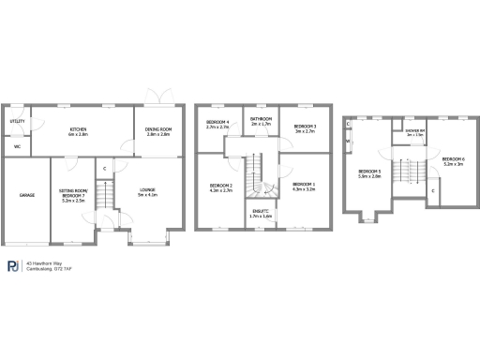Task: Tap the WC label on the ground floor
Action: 17,146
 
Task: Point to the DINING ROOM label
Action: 158,129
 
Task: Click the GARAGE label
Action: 26,195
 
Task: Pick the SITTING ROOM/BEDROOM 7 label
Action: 73,192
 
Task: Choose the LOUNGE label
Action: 147,190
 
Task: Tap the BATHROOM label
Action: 261,119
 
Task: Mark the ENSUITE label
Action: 261,211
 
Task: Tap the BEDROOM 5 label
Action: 369,171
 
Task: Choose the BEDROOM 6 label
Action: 453,158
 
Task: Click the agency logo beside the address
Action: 13,266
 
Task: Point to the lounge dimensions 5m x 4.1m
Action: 147,195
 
